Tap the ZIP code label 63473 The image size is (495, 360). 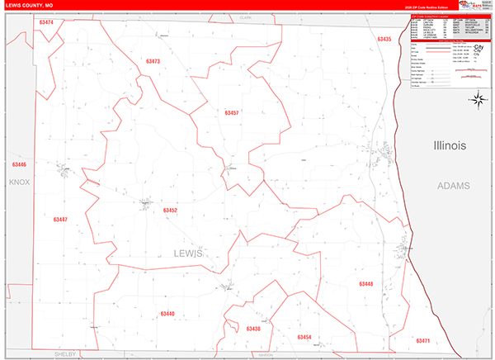click(x=152, y=62)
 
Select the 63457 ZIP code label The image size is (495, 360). click(x=232, y=112)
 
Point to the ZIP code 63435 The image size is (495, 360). click(x=384, y=39)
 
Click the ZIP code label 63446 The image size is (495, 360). click(x=18, y=164)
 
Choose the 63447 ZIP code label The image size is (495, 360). click(x=59, y=220)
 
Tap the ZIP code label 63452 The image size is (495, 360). click(x=170, y=211)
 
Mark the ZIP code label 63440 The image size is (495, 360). click(x=167, y=313)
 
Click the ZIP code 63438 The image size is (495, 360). click(x=252, y=329)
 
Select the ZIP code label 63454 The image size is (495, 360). click(x=304, y=337)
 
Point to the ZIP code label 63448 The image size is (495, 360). click(x=365, y=283)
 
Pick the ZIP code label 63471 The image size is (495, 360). click(x=423, y=340)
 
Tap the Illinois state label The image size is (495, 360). click(x=450, y=145)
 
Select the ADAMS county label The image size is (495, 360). click(x=453, y=186)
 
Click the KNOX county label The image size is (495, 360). click(x=18, y=181)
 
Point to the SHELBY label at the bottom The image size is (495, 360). click(x=64, y=353)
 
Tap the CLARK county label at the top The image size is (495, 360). click(x=245, y=17)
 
